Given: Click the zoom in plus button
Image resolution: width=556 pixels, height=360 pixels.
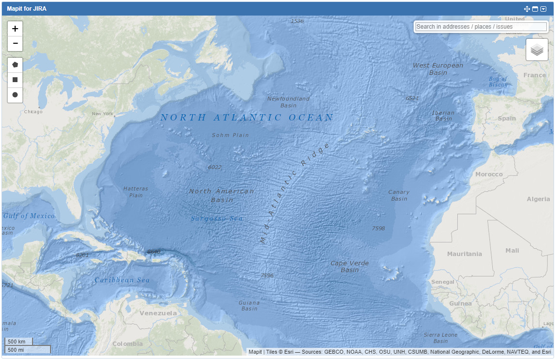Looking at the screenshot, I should (15, 29).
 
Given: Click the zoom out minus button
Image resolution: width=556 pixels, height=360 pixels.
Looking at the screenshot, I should (15, 44).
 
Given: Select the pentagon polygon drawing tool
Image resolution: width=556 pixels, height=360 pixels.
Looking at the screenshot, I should (15, 65).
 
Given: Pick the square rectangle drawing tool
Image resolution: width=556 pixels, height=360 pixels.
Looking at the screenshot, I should (15, 80).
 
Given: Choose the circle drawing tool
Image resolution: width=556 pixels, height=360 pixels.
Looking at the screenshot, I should (15, 95).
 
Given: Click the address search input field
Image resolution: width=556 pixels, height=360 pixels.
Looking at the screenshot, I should (481, 27).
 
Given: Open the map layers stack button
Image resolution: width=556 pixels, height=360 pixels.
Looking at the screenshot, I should (537, 50).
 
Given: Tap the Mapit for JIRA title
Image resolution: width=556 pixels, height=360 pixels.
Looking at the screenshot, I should (27, 9).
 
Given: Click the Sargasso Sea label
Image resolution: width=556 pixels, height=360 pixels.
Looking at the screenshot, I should (217, 219).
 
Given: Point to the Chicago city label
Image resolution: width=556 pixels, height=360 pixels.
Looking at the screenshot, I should (34, 112).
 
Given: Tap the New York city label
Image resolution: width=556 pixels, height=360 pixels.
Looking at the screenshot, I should (103, 114).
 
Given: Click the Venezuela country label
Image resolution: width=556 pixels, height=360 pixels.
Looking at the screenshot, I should (158, 313).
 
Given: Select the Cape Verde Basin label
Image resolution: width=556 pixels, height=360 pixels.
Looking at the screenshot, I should (349, 266).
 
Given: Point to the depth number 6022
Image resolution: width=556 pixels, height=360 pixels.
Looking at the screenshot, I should (214, 167).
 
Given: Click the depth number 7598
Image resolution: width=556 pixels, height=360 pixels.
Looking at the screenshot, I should (378, 228).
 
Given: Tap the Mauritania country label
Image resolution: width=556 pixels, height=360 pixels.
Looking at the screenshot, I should (465, 254).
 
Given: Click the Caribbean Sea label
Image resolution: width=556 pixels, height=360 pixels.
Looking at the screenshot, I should (122, 280).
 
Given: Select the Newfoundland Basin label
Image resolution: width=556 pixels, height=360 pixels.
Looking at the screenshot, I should (288, 102).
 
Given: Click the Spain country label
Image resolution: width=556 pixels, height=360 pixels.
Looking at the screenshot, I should (506, 118).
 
